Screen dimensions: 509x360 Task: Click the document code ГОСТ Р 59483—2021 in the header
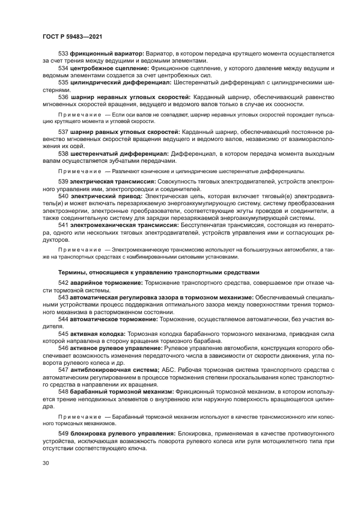pos(72,37)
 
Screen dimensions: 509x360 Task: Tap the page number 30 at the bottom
pos(46,463)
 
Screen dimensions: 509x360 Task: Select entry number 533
pos(63,54)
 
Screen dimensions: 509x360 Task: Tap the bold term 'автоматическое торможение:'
pos(113,319)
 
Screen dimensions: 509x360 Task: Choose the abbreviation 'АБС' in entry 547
pos(168,369)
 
